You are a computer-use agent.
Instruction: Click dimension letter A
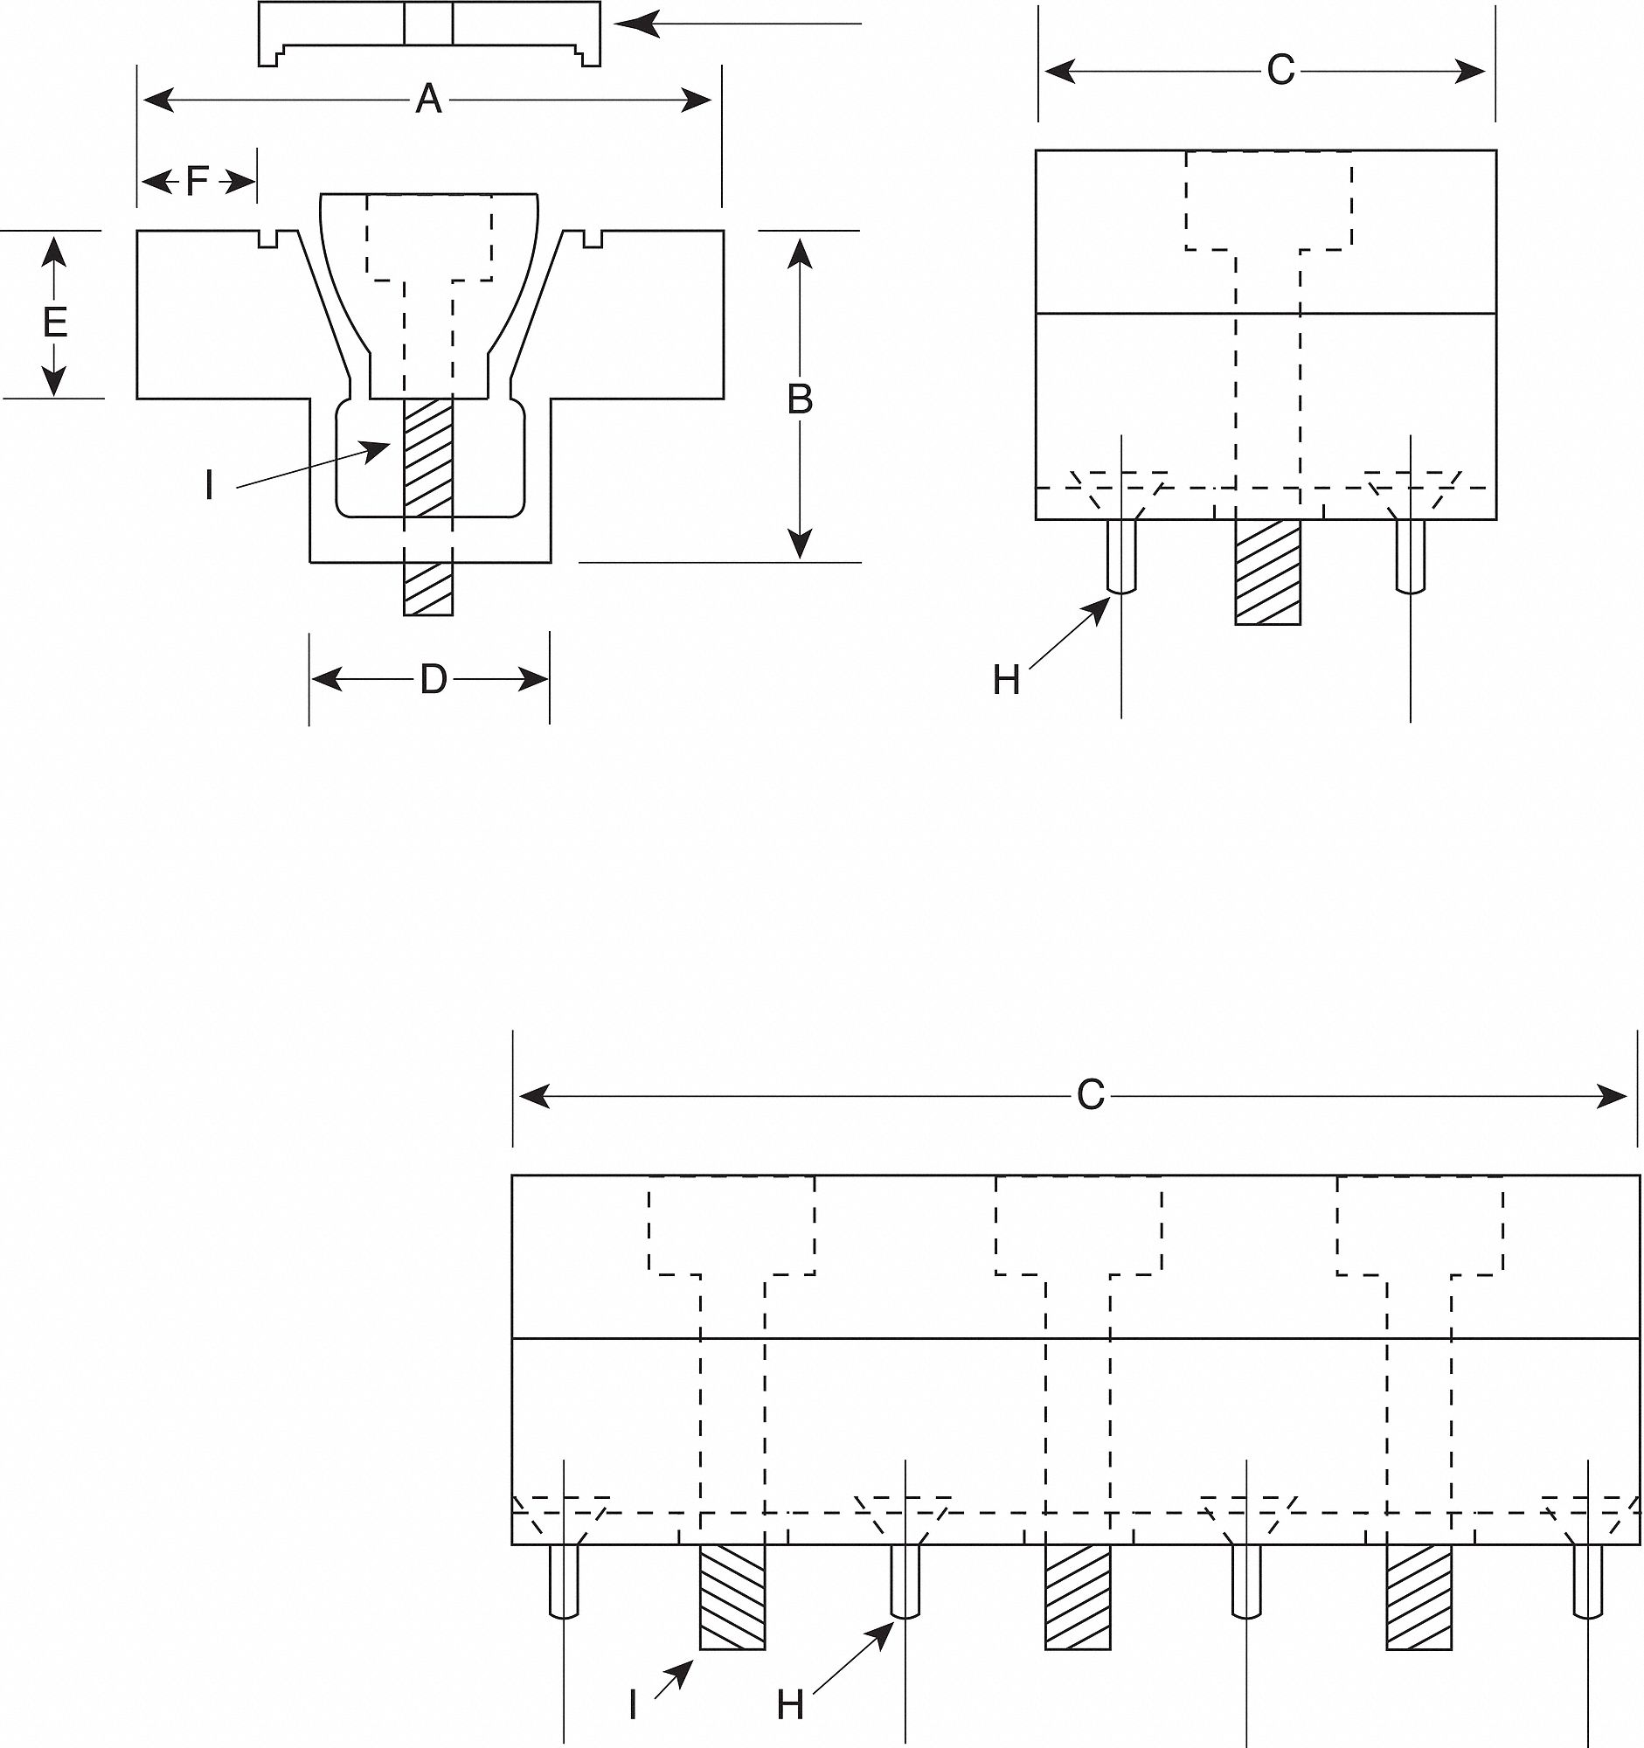click(x=428, y=100)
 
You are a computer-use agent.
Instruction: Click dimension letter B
click(x=799, y=400)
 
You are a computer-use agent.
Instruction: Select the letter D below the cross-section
click(x=433, y=680)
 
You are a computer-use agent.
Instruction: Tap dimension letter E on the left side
click(x=54, y=323)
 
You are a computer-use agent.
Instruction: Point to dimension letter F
click(x=197, y=182)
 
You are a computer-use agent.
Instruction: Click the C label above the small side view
click(x=1280, y=70)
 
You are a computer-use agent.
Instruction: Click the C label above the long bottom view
click(x=1090, y=1096)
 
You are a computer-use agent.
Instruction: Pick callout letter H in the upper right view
click(x=1006, y=681)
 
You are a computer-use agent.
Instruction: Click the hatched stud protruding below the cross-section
click(x=428, y=589)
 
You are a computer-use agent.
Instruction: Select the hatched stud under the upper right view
click(x=1266, y=572)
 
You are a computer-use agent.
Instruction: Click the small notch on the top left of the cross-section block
click(x=270, y=239)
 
